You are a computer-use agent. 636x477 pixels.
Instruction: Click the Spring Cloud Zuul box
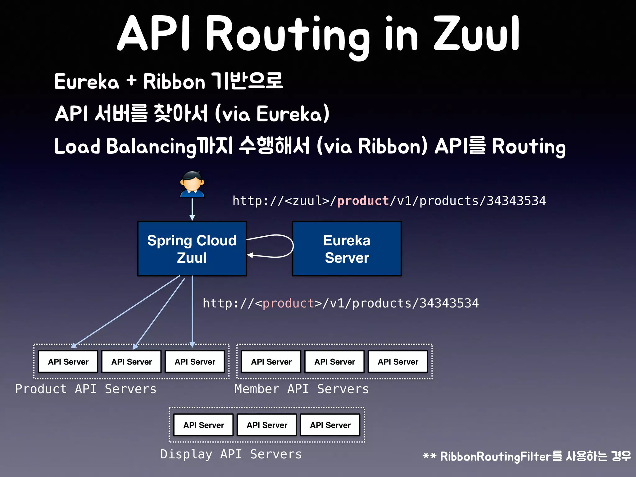click(192, 248)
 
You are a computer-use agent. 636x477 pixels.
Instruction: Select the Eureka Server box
click(347, 248)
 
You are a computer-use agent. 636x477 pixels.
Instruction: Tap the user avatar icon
click(192, 184)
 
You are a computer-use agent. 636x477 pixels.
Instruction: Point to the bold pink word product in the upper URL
click(363, 201)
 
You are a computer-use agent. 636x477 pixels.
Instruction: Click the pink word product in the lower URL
click(288, 303)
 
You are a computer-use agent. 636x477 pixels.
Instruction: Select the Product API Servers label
click(86, 389)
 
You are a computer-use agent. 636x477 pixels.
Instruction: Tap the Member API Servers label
click(301, 389)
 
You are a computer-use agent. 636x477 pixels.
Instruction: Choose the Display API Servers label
click(231, 454)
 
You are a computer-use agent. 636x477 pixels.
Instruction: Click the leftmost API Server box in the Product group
click(68, 361)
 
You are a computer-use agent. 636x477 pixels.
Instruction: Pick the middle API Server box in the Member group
click(334, 361)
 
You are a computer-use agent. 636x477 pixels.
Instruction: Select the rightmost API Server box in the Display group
click(330, 425)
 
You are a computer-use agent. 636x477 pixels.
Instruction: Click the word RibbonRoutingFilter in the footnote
click(496, 457)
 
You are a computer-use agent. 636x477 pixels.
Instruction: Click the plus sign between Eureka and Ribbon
click(131, 81)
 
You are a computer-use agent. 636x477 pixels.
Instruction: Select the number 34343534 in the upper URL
click(516, 201)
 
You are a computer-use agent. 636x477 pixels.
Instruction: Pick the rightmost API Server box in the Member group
click(398, 361)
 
